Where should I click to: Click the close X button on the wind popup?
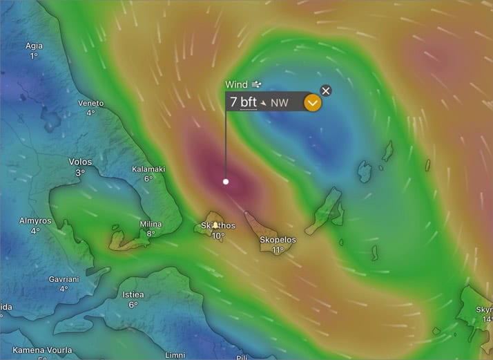[326, 91]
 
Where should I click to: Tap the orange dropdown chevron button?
[313, 103]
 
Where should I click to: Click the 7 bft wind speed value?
[243, 102]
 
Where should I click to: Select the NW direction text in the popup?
[279, 103]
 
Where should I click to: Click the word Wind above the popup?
[236, 84]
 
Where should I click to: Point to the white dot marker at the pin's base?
[226, 182]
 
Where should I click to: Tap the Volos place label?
[80, 162]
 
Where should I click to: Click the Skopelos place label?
[278, 240]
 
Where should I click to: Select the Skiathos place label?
[217, 225]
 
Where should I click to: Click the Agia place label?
[34, 46]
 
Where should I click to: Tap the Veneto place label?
[90, 103]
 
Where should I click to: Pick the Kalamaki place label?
[148, 169]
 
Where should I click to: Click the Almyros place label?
[35, 220]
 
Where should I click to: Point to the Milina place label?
[151, 224]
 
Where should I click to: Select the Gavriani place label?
[63, 279]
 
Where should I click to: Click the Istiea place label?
[133, 294]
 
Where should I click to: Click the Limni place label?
[175, 355]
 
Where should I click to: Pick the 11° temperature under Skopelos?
[278, 250]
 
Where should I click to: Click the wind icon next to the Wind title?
[257, 84]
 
